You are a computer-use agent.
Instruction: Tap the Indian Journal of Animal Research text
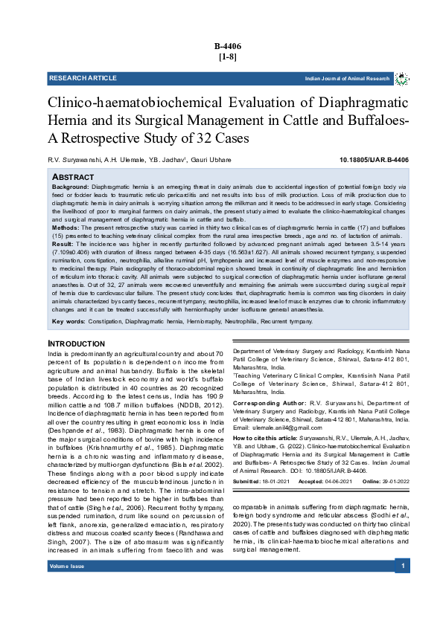[347, 78]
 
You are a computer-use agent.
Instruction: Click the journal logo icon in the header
[401, 78]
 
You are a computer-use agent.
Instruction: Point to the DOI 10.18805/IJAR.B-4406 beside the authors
[374, 160]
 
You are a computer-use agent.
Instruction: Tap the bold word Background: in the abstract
[70, 187]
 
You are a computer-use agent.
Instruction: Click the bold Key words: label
[68, 321]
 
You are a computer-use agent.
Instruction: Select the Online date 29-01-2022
[389, 481]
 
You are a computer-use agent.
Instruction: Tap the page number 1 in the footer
[401, 567]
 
